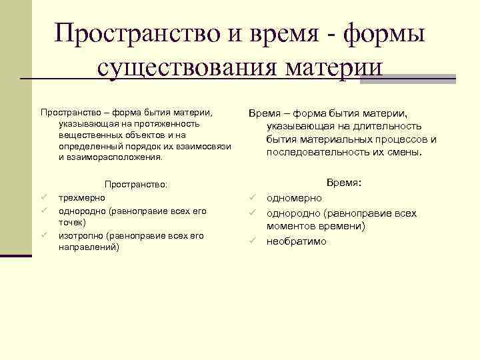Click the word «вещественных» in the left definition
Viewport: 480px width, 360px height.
tap(86, 135)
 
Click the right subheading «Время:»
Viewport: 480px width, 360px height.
tap(343, 182)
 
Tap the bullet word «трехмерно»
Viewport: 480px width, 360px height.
tap(81, 198)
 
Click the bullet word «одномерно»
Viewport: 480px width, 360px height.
tap(294, 198)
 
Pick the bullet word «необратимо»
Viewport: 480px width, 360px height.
tap(297, 241)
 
